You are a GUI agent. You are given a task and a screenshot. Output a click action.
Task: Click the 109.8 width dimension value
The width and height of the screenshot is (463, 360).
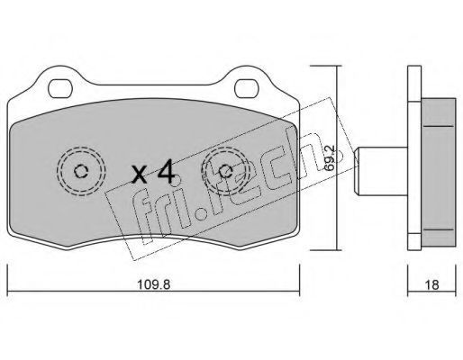pyautogui.click(x=154, y=284)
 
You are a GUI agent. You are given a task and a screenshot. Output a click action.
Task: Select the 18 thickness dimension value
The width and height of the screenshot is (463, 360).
pyautogui.click(x=431, y=284)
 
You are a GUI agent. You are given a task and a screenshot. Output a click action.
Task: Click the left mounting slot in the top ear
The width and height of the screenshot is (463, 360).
pyautogui.click(x=60, y=88)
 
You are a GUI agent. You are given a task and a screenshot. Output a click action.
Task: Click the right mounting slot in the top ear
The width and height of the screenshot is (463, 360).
pyautogui.click(x=246, y=88)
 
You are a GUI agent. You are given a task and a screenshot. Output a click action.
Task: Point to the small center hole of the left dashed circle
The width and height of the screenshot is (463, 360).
pyautogui.click(x=81, y=172)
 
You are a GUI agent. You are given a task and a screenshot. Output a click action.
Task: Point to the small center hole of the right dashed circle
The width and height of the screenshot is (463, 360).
pyautogui.click(x=225, y=172)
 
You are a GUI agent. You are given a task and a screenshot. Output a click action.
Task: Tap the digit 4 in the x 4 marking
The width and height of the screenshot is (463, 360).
pyautogui.click(x=167, y=171)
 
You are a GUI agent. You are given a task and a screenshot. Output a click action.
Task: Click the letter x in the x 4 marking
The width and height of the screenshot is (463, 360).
pyautogui.click(x=140, y=175)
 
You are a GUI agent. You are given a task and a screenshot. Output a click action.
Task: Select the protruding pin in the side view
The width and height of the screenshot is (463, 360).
pyautogui.click(x=381, y=172)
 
